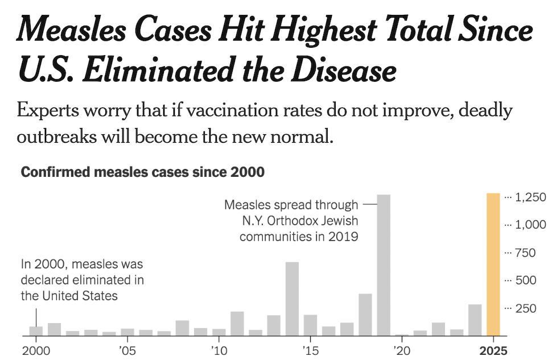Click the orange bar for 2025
(x=493, y=264)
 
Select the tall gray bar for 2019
(x=384, y=265)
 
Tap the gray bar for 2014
(x=292, y=299)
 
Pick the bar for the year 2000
(x=36, y=331)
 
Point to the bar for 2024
(x=475, y=320)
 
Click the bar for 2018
(x=365, y=315)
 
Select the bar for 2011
(x=237, y=324)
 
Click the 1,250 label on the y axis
(x=530, y=197)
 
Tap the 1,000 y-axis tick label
(x=530, y=225)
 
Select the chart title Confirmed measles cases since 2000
(x=142, y=172)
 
